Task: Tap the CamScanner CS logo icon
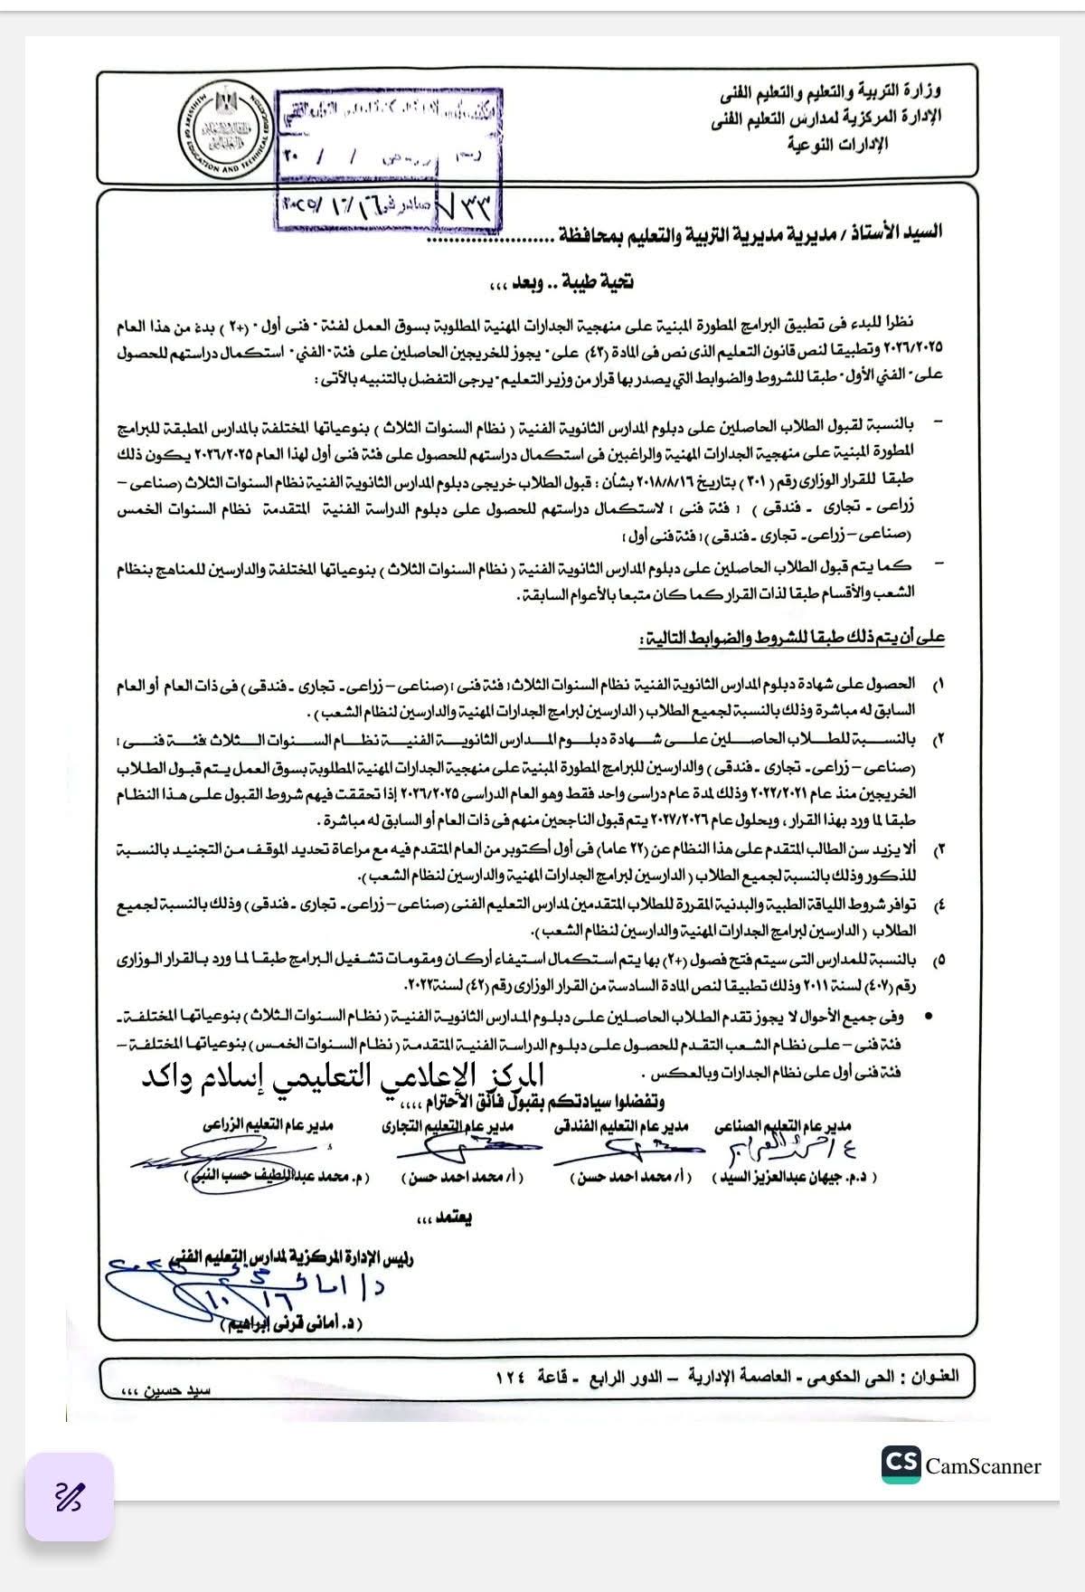901,1464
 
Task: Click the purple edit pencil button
70,1497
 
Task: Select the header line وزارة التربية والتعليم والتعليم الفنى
831,91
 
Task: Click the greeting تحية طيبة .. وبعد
561,282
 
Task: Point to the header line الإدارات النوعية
838,145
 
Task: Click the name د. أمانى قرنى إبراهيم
289,1323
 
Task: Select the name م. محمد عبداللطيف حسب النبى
275,1177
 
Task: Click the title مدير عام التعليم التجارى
447,1126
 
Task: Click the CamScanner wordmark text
983,1466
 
